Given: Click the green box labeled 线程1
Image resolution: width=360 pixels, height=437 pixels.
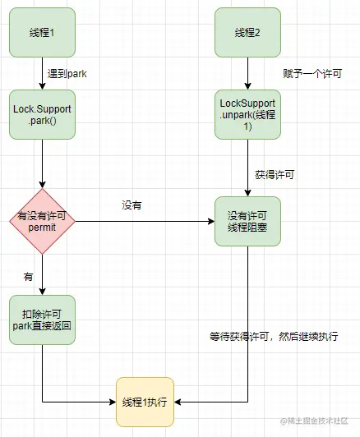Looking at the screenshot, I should pyautogui.click(x=43, y=33).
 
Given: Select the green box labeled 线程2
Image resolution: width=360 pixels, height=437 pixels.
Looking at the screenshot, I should pyautogui.click(x=247, y=33).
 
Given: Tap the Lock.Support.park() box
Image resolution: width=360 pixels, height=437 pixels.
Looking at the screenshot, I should pyautogui.click(x=43, y=114).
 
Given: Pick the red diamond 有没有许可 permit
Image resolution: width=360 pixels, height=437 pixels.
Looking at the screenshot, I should pyautogui.click(x=43, y=221).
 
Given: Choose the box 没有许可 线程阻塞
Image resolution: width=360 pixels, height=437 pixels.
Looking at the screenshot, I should pyautogui.click(x=247, y=221).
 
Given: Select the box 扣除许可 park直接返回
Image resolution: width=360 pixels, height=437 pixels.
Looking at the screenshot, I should pyautogui.click(x=43, y=320).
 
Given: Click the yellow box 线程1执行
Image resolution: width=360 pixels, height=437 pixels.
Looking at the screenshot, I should pyautogui.click(x=145, y=402).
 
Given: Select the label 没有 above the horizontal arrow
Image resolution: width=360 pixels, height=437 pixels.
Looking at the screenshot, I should pyautogui.click(x=132, y=205).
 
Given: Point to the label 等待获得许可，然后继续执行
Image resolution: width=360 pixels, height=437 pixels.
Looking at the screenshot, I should pyautogui.click(x=275, y=337).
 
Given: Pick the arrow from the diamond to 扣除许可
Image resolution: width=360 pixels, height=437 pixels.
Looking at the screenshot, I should pyautogui.click(x=43, y=275).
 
